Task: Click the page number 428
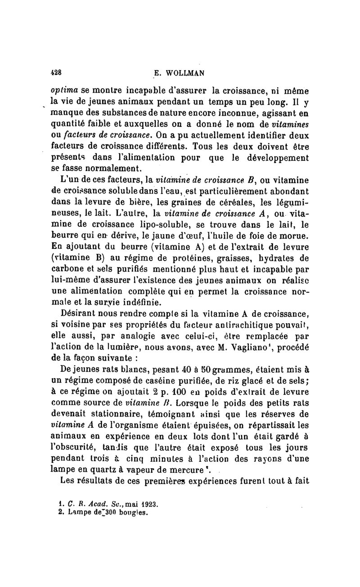pos(56,72)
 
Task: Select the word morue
pos(297,236)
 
